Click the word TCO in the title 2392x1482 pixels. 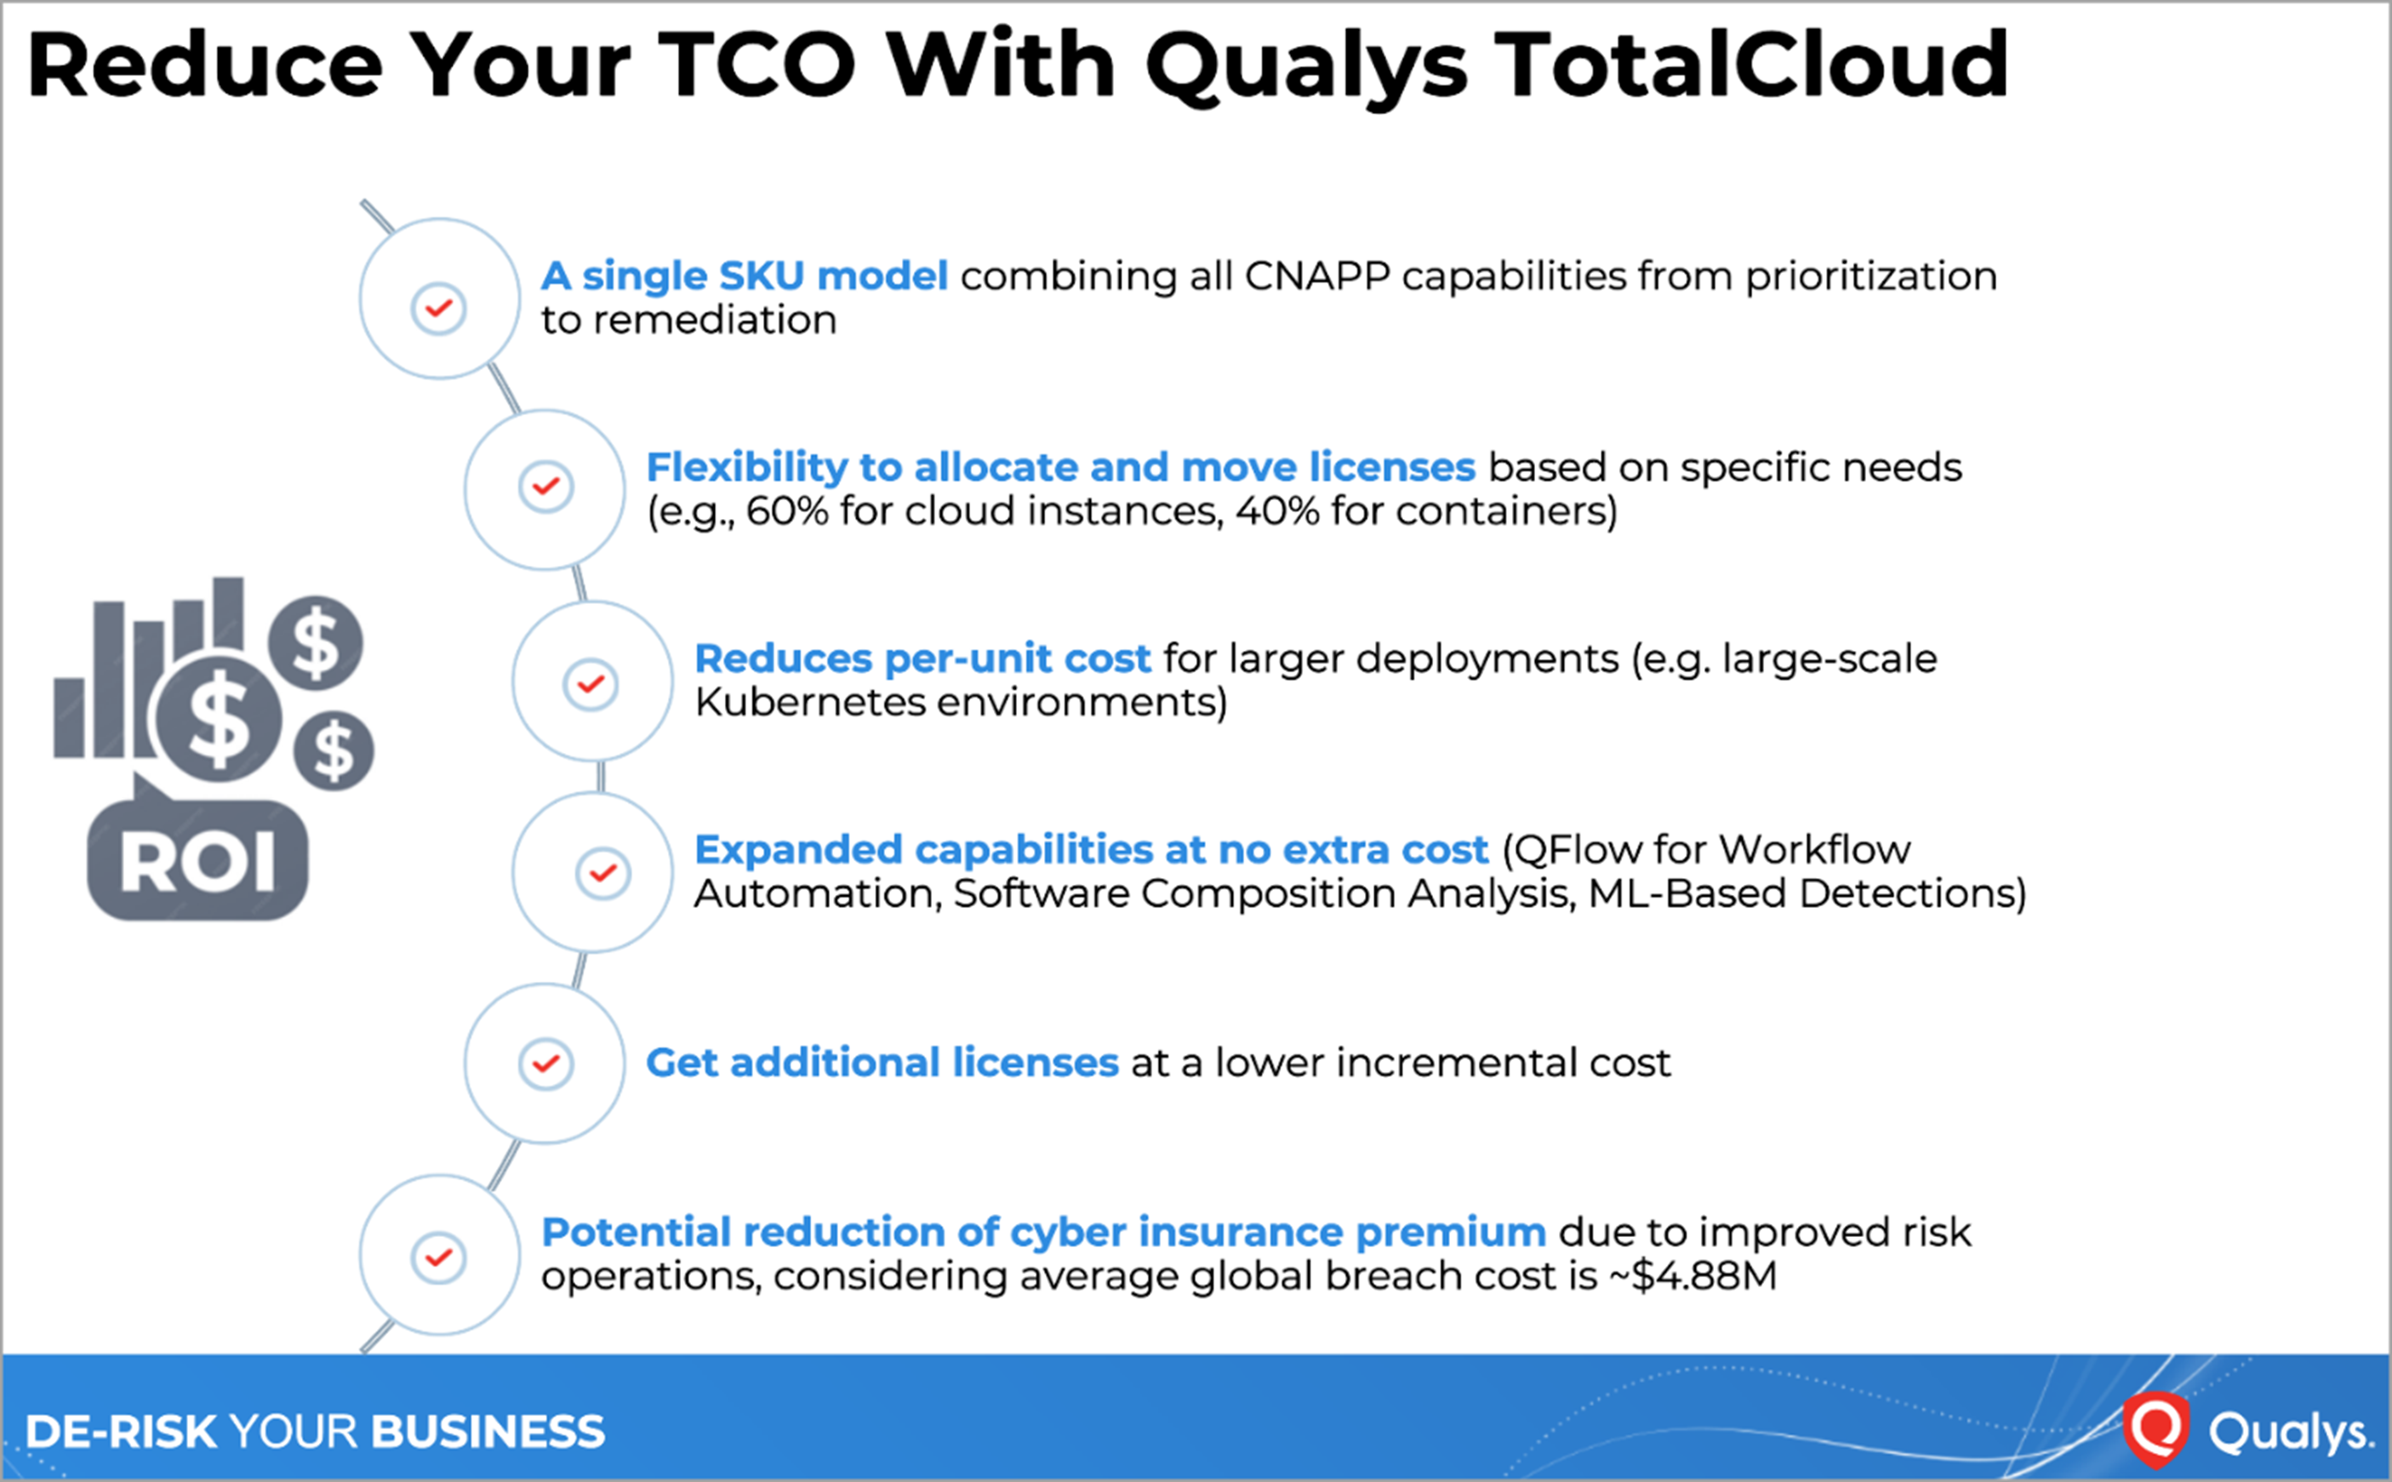click(756, 65)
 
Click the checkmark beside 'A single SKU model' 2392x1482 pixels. click(438, 309)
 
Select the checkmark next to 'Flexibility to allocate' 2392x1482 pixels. click(546, 486)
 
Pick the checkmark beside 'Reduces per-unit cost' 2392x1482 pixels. click(591, 683)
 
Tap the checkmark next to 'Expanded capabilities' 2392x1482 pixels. click(603, 872)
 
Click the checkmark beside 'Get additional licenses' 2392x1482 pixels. click(546, 1063)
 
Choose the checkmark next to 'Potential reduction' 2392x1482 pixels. click(438, 1257)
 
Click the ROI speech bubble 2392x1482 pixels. click(197, 856)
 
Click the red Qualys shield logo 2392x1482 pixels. click(2155, 1429)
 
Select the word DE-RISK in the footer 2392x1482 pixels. click(121, 1432)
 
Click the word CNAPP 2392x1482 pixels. click(1316, 276)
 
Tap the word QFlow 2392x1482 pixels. click(1576, 850)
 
